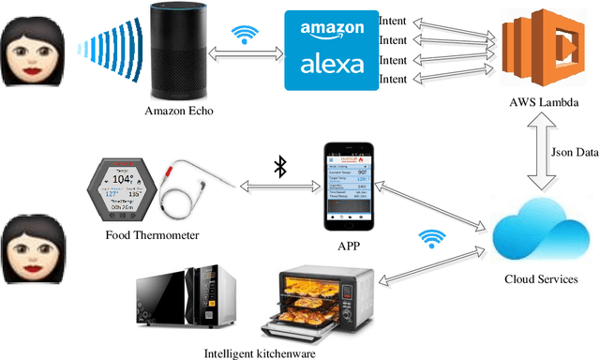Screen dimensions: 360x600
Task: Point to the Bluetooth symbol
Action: pos(278,167)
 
